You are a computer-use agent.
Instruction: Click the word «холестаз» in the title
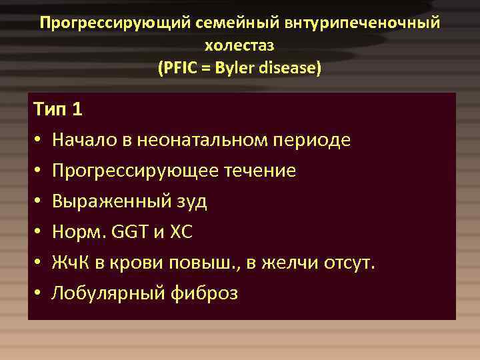[239, 46]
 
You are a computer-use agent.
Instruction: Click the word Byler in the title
[230, 68]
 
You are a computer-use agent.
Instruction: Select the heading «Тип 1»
[57, 109]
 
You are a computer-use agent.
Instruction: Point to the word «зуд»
[191, 201]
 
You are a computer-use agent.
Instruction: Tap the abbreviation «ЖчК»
[69, 263]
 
